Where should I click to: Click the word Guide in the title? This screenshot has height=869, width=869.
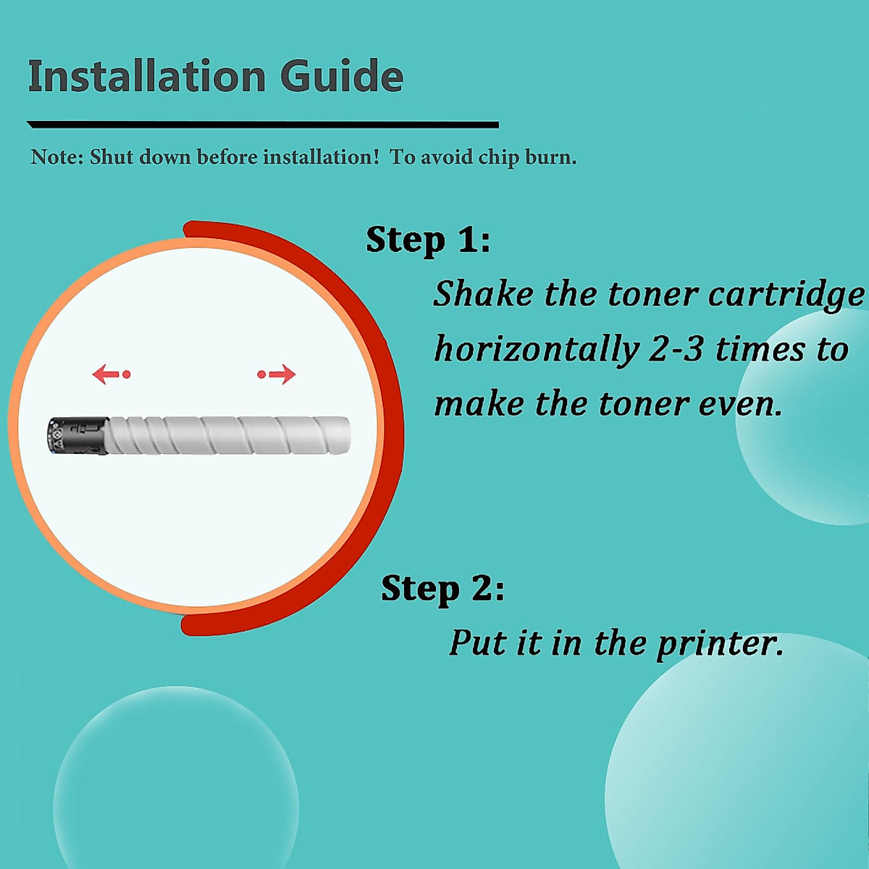[x=341, y=76]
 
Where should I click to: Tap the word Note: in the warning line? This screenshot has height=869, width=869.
[x=57, y=157]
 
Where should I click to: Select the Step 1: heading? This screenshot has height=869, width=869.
[x=428, y=240]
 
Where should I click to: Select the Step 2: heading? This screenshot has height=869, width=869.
[x=442, y=588]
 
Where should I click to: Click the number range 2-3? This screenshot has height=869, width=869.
[x=676, y=350]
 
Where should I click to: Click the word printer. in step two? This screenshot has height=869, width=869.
[x=720, y=643]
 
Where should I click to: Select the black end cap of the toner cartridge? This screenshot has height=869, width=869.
[x=78, y=436]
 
